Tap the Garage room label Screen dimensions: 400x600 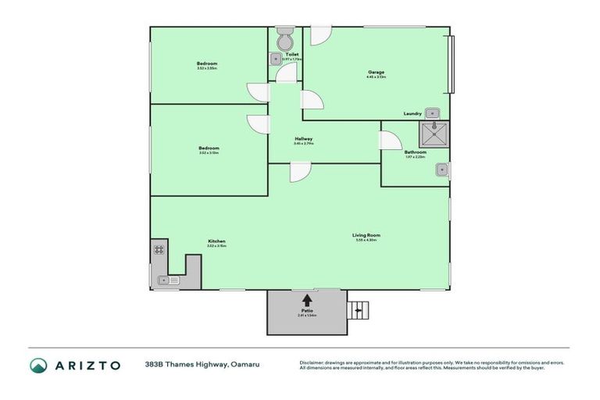coord(376,73)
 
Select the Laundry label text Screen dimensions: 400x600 coord(412,114)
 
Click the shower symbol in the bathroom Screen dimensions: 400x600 coord(434,134)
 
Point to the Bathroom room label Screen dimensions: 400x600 coord(415,152)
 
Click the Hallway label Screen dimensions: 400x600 coord(303,139)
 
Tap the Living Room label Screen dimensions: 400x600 coord(366,235)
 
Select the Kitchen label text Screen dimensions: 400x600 coord(216,241)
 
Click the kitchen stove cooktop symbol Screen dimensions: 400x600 coord(159,250)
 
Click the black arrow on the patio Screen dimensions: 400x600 coord(307,299)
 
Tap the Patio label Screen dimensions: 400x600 coord(307,310)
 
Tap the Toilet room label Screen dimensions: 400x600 coord(291,55)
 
